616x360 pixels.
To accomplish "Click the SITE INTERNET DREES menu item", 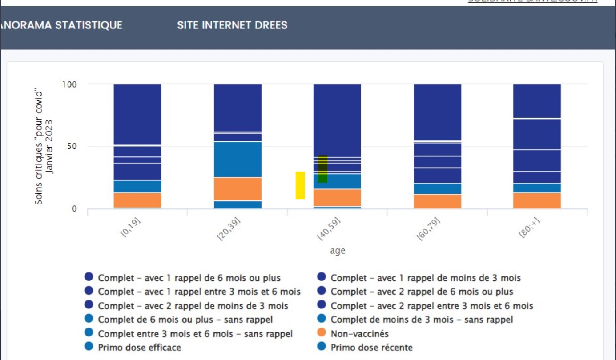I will [x=232, y=25].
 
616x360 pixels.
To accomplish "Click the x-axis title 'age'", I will [x=338, y=251].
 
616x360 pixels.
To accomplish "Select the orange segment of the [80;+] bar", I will [x=537, y=200].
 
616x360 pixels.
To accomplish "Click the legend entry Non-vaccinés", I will [x=359, y=333].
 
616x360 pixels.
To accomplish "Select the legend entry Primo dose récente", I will [x=371, y=347].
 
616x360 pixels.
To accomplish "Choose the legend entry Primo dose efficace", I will [x=139, y=347].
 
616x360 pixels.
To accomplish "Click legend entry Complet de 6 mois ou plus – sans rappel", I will [x=185, y=320].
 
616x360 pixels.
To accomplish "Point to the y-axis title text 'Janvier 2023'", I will [x=50, y=147].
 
